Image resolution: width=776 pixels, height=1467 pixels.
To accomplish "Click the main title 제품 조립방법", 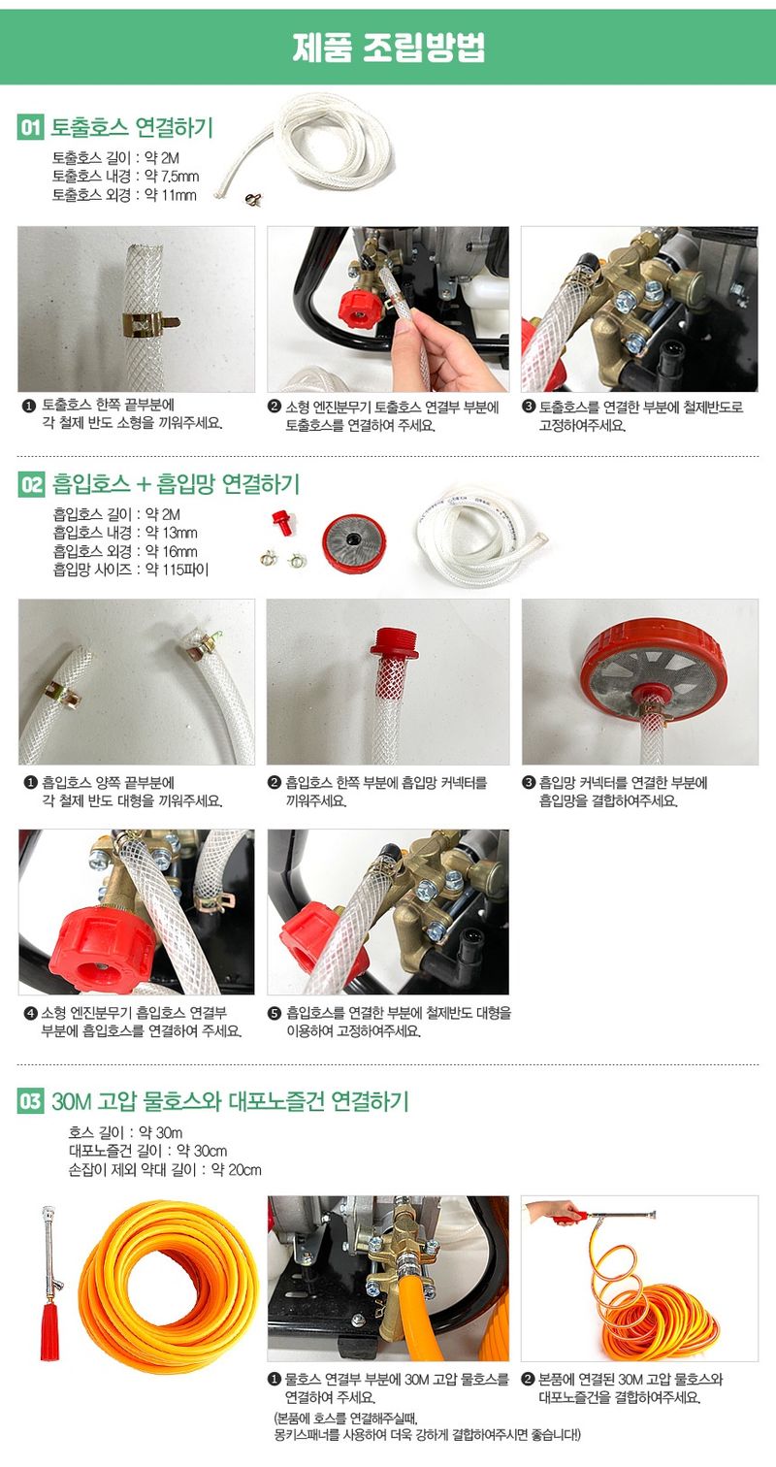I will (388, 48).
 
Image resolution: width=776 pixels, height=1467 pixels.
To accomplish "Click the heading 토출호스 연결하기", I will (132, 127).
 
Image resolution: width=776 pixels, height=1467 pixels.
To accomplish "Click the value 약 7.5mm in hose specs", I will (172, 176).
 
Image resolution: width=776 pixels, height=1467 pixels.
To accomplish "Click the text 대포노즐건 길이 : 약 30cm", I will (147, 1151).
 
